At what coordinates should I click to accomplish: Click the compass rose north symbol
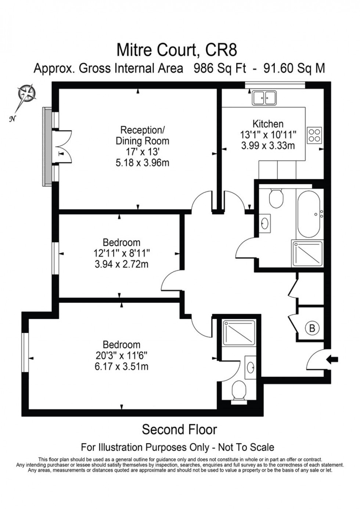[x=26, y=93]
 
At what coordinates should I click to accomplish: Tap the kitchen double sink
[x=264, y=98]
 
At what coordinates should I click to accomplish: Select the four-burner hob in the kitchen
[x=314, y=135]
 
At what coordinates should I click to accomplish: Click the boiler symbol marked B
[x=312, y=328]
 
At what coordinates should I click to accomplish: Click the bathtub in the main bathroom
[x=310, y=214]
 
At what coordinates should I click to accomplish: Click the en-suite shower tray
[x=239, y=332]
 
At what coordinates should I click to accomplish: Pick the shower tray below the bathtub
[x=307, y=254]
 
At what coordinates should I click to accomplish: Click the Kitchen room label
[x=268, y=124]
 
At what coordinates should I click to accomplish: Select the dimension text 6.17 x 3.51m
[x=121, y=366]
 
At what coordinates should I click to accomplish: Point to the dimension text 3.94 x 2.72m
[x=121, y=264]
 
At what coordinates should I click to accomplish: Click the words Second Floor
[x=179, y=429]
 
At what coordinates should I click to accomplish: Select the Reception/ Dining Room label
[x=143, y=136]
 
